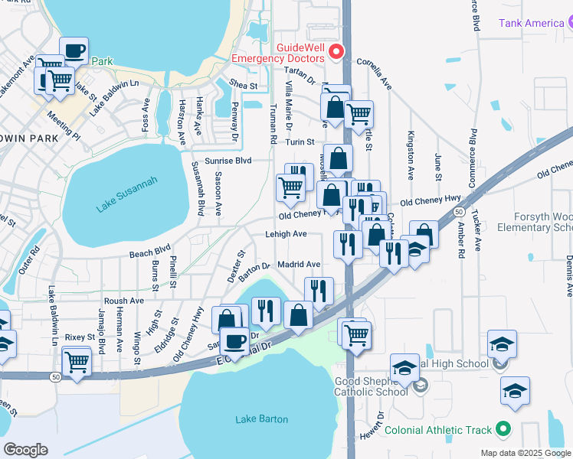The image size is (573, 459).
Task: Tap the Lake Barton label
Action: point(262,419)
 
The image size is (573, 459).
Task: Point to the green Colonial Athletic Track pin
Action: point(502,429)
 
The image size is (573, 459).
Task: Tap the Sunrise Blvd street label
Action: point(231,161)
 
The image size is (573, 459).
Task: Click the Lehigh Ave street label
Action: point(286,234)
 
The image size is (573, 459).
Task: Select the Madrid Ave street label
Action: point(298,265)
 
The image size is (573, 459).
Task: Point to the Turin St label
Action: point(300,142)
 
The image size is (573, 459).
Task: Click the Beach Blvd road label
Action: point(149,251)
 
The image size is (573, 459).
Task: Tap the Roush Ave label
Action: point(124,301)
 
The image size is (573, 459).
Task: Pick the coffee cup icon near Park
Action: point(74,51)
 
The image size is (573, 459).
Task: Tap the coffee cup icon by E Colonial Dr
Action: point(235,340)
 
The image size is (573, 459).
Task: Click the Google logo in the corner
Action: point(25,450)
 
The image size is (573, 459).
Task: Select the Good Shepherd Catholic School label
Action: point(371,386)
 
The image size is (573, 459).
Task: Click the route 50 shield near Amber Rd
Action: point(458,210)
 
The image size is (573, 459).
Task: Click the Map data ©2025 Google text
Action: point(526,453)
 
